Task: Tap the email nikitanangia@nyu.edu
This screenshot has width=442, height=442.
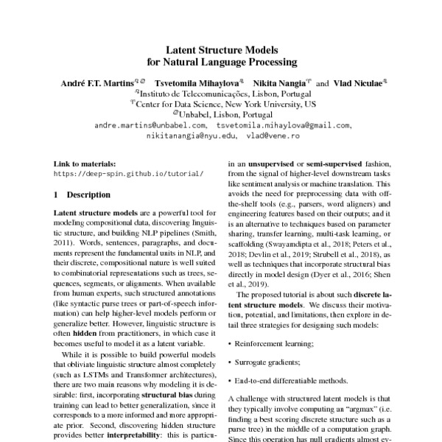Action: tap(192, 136)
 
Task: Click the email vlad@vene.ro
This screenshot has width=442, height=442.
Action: tap(273, 136)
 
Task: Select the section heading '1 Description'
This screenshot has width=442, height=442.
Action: tap(83, 194)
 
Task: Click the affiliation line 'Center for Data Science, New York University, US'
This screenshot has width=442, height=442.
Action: tap(223, 105)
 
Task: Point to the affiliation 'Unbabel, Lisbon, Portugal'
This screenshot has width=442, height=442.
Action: tap(222, 115)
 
